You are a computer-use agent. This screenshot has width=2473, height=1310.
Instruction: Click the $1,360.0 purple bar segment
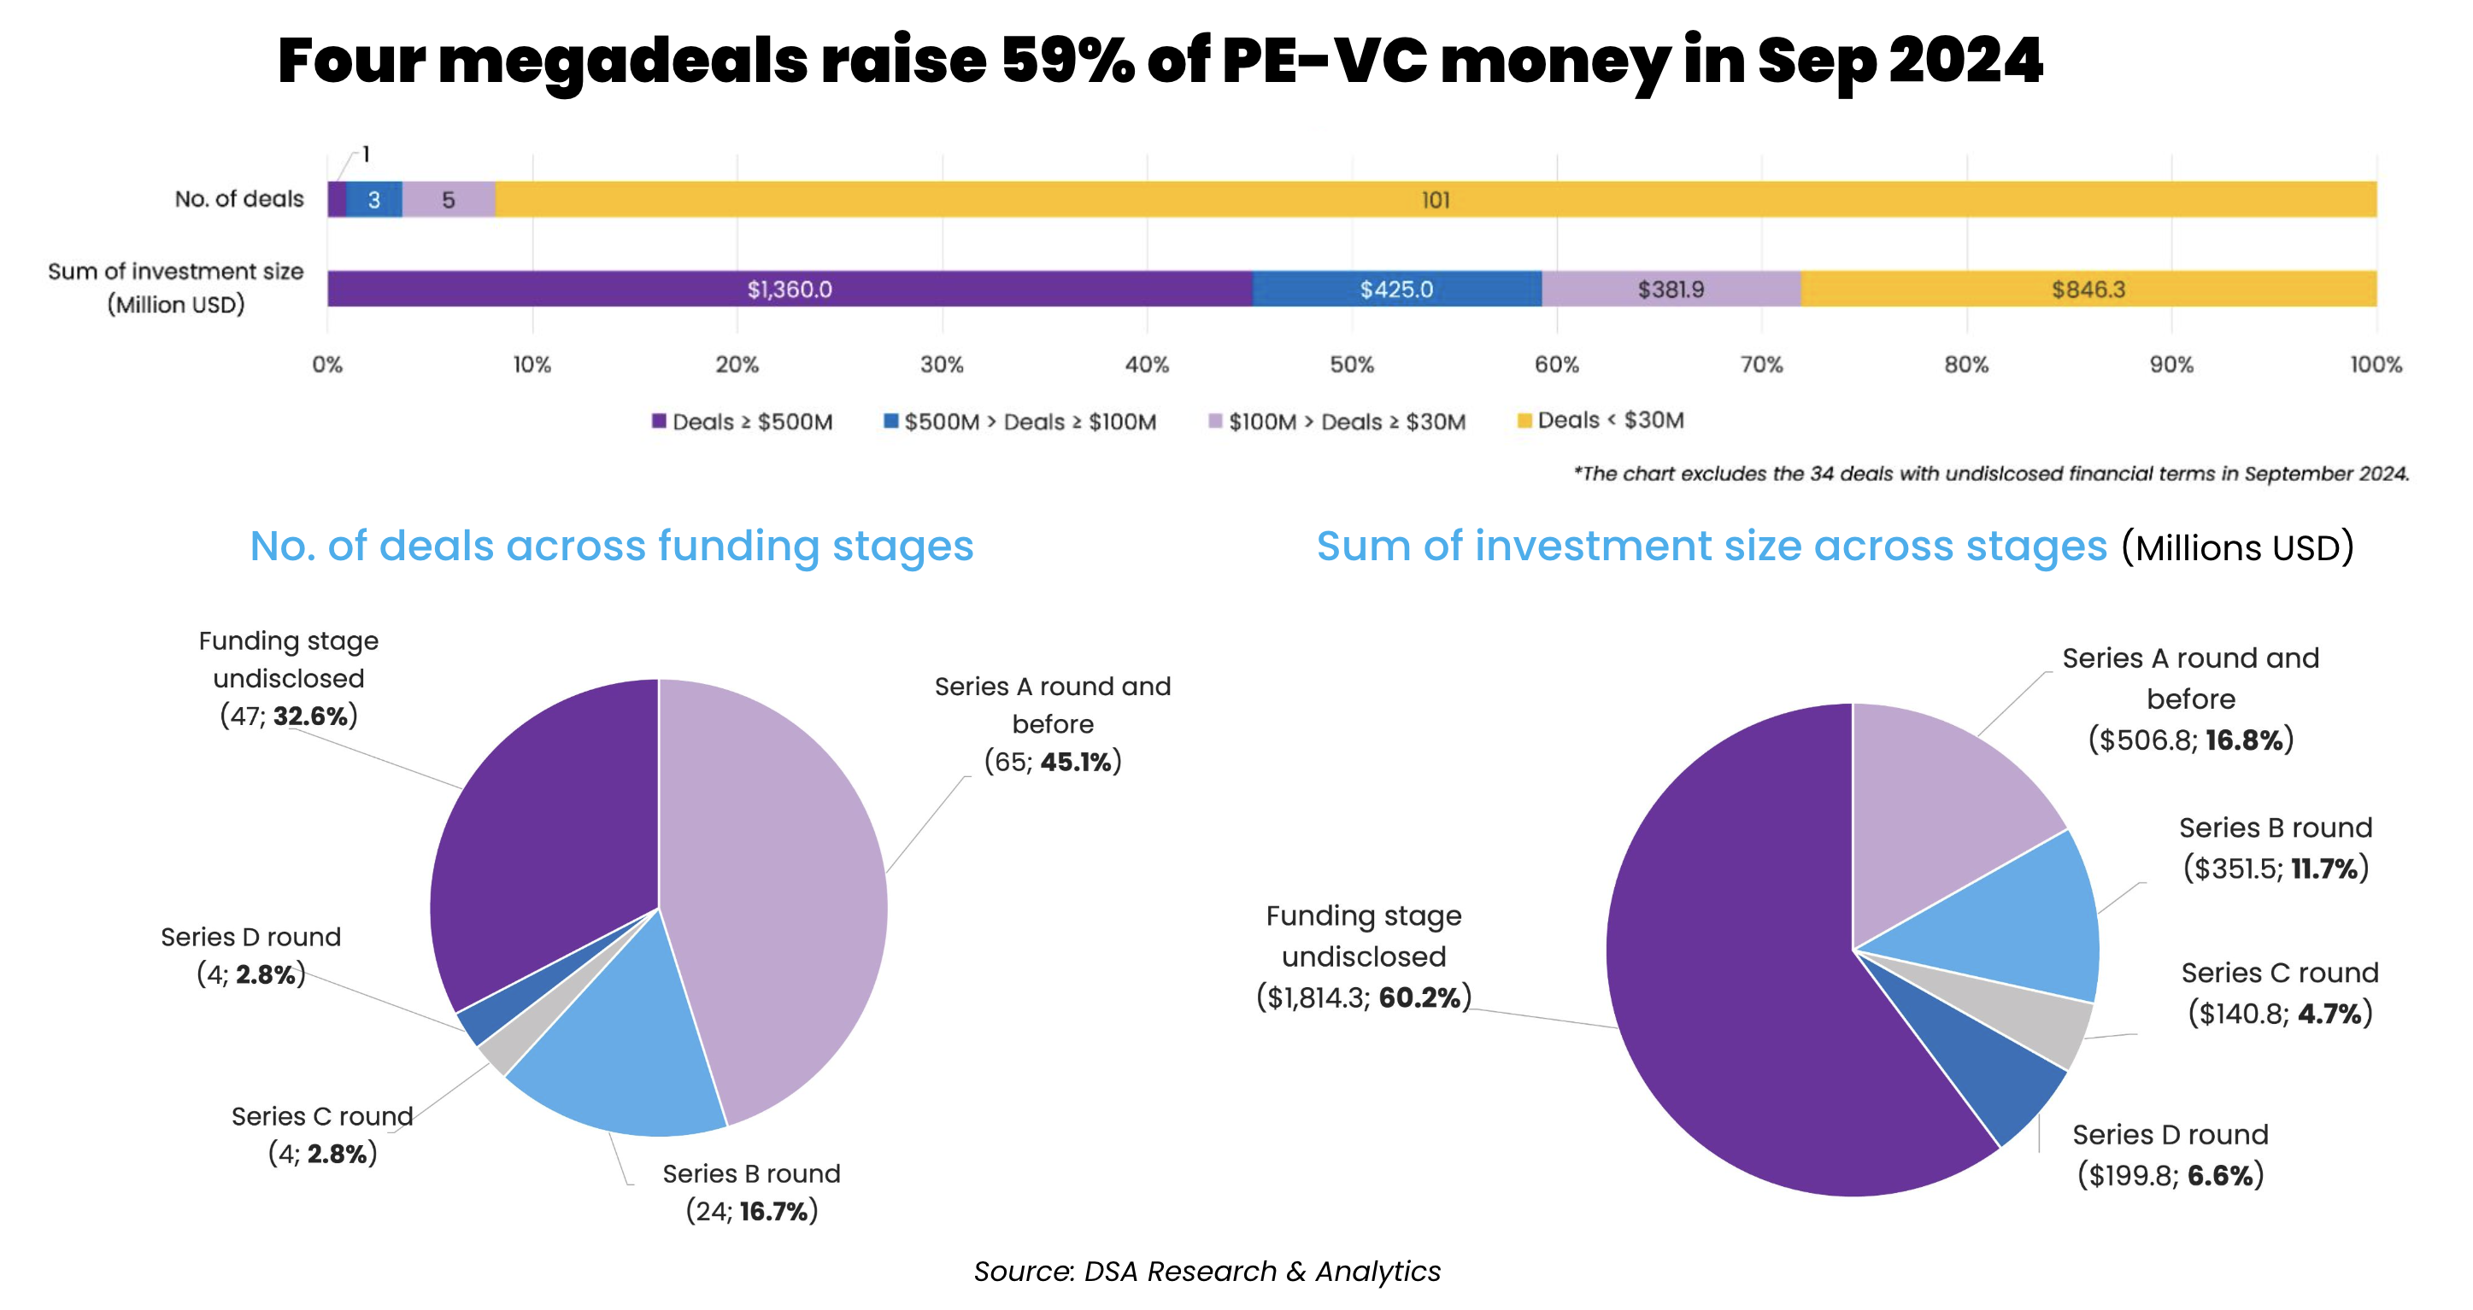point(789,289)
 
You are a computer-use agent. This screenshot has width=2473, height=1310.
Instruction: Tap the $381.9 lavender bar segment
point(1671,289)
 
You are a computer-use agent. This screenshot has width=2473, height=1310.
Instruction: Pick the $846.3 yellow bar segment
point(2088,289)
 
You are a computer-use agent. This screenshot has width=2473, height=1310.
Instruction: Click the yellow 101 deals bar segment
point(1436,200)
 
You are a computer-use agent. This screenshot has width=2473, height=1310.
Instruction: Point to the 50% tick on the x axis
point(1352,365)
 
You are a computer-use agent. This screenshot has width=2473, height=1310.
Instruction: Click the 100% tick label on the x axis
point(2375,365)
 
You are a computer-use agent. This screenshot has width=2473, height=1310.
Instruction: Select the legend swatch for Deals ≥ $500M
point(659,421)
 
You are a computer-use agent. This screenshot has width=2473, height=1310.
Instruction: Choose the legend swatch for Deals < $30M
point(1524,420)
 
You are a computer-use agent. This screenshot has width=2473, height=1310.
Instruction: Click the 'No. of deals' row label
point(239,199)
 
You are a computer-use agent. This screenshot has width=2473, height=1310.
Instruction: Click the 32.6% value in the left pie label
point(310,716)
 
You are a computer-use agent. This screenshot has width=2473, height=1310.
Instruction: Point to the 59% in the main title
point(1066,61)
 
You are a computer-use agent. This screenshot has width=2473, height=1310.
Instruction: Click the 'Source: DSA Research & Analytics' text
point(1207,1271)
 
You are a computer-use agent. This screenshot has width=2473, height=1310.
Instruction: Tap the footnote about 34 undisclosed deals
point(1990,473)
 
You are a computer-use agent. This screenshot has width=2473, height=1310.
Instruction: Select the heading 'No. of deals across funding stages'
point(612,546)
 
